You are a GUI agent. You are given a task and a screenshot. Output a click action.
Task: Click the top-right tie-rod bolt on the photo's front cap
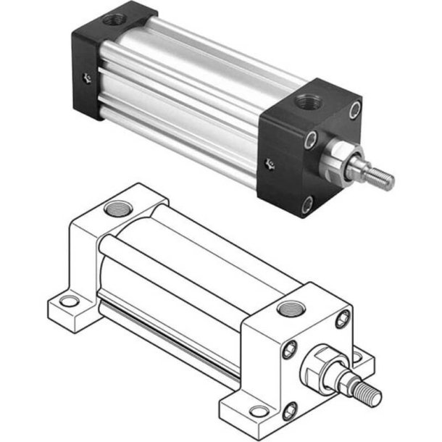point(354,110)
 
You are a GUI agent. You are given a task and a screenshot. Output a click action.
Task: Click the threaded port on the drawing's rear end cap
point(115,209)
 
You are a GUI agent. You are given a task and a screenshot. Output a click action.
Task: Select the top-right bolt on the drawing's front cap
point(342,319)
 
